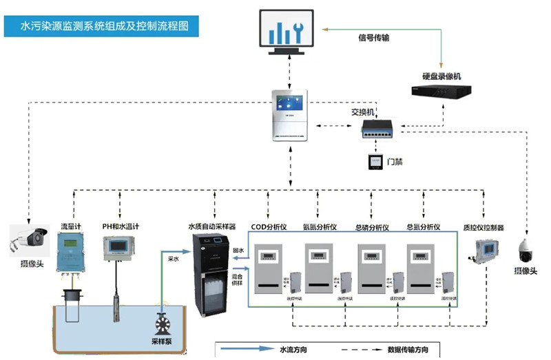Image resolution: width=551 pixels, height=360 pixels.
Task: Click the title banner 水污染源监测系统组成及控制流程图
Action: [103, 27]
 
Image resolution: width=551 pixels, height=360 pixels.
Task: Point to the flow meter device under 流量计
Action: [70, 252]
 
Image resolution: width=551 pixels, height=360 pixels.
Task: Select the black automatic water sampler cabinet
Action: [209, 275]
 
